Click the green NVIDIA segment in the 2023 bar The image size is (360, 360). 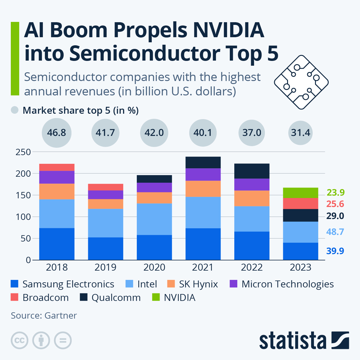coord(300,193)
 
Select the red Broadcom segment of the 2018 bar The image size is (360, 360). coord(57,167)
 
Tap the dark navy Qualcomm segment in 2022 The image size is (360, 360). coord(252,171)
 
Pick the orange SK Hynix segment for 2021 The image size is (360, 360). coord(203,188)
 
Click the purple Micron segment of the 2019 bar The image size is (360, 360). coord(105,195)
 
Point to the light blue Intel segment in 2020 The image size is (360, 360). coord(154,219)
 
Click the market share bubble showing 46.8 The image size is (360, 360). coord(57,133)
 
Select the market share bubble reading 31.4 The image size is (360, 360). coord(301,133)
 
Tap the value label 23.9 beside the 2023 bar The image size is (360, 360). coord(335,192)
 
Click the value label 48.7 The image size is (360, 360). coord(335,232)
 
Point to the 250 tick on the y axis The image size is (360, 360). coord(23,152)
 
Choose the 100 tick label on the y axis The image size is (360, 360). coord(23,217)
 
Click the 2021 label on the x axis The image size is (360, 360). coord(203,267)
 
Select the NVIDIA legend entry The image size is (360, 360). coord(179,298)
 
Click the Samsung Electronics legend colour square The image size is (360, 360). coord(14,284)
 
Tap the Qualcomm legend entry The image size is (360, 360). coord(116,298)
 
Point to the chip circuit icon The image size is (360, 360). coord(301,82)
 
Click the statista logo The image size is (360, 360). coord(304,340)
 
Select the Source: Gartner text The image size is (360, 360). coord(44,316)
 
